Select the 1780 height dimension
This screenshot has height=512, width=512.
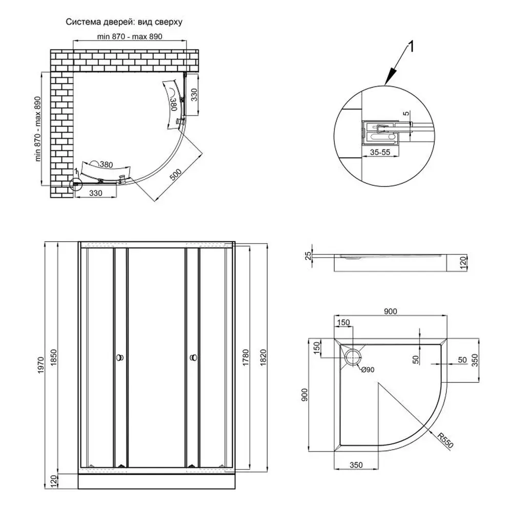click(245, 355)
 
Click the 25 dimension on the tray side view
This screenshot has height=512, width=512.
click(308, 254)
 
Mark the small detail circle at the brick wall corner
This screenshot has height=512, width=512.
click(76, 183)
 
